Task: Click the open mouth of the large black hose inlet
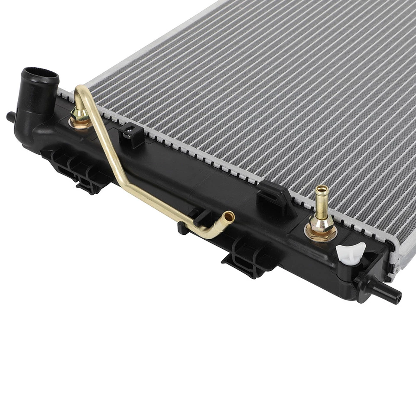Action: (x=41, y=74)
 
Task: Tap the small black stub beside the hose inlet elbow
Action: (x=10, y=116)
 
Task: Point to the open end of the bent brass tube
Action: (x=229, y=216)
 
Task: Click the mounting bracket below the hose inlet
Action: (x=76, y=169)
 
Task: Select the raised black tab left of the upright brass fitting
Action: (x=273, y=197)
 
